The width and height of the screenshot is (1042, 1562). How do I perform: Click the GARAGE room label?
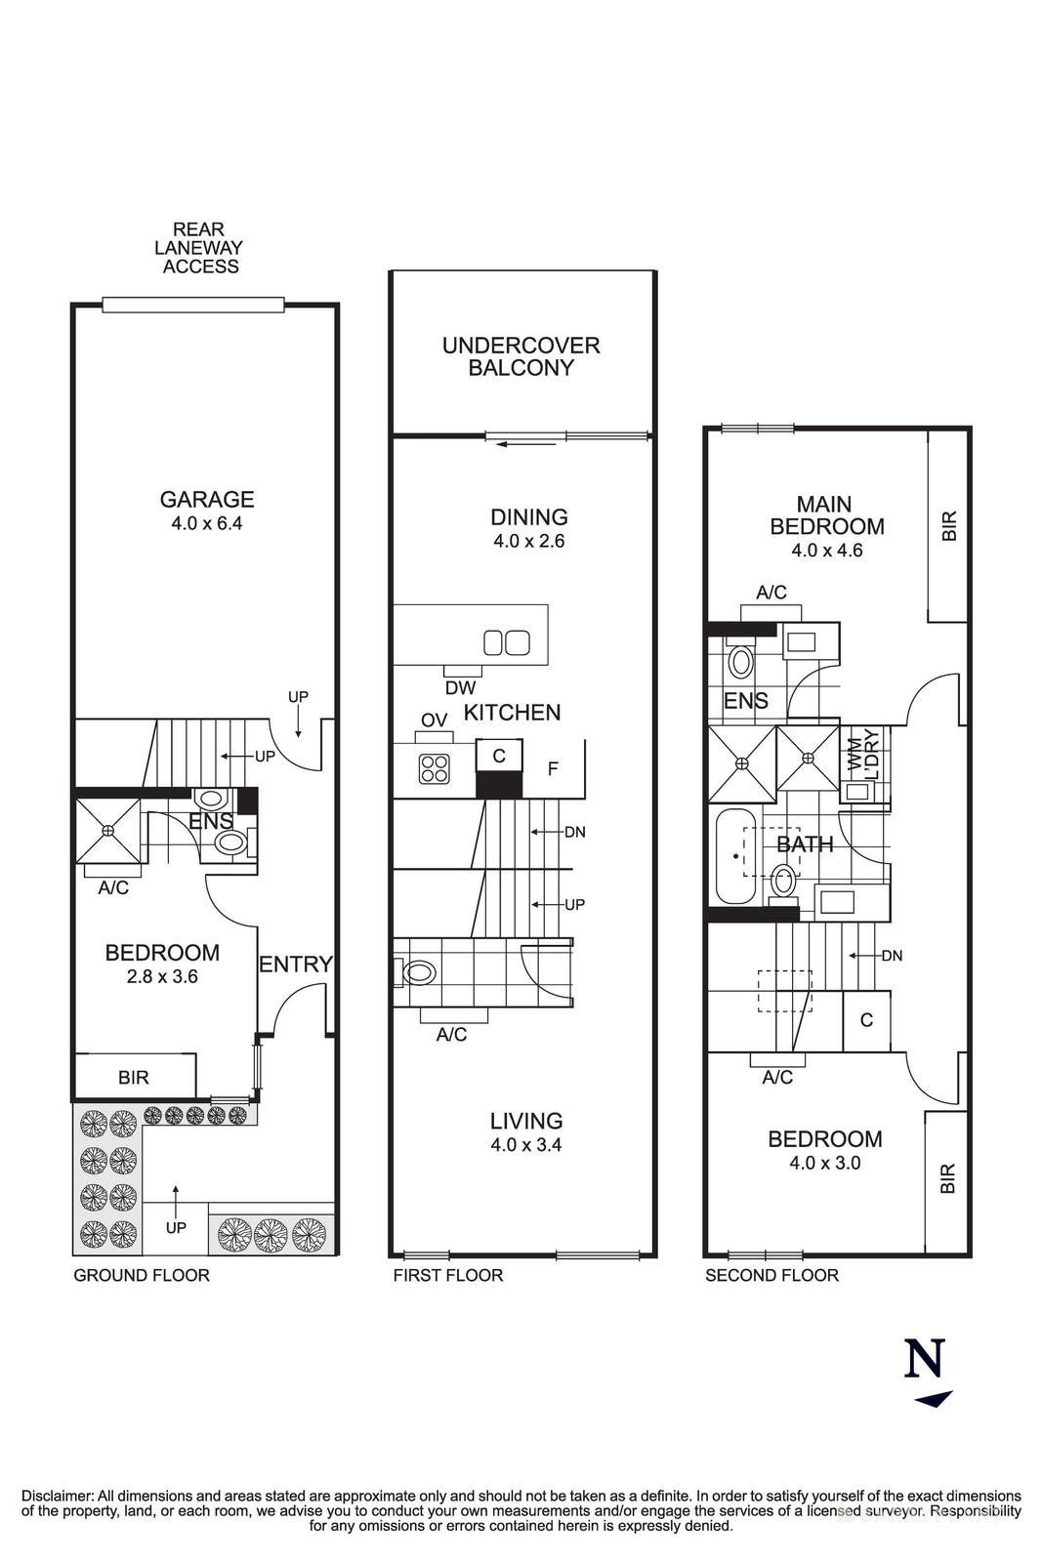(207, 499)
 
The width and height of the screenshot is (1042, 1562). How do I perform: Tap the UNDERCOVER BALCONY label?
(521, 356)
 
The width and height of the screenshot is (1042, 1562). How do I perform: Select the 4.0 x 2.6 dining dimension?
(528, 541)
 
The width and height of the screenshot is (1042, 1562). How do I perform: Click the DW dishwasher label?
(460, 687)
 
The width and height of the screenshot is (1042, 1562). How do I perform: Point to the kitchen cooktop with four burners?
(435, 768)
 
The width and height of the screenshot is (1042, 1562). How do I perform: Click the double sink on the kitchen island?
(507, 642)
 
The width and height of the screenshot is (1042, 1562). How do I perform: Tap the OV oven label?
(434, 719)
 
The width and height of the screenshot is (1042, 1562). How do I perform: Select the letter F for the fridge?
(553, 769)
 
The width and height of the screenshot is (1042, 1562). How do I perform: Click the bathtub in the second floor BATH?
(733, 856)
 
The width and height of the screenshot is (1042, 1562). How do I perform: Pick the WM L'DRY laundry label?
(864, 752)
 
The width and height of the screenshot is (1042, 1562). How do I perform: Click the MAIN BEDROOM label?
(826, 515)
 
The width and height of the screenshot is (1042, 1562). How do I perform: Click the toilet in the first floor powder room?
(418, 972)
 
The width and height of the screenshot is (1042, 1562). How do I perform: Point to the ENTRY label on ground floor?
(295, 965)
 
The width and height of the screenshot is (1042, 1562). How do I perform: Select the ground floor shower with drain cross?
(107, 830)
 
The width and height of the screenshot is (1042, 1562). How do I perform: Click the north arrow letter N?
(926, 1358)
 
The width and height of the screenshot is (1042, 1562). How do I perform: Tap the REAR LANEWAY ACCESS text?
(199, 248)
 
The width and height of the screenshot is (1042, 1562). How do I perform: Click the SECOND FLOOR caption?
(771, 1275)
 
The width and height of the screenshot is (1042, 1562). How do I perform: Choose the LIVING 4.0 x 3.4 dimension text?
(526, 1145)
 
